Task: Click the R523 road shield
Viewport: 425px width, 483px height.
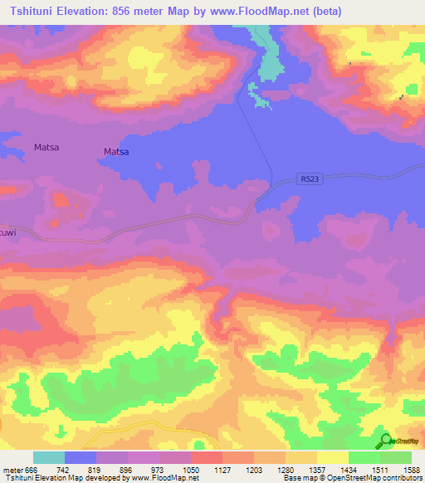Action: (308, 178)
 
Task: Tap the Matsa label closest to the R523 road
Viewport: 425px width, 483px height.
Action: (116, 152)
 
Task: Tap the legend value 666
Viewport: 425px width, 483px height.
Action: (30, 470)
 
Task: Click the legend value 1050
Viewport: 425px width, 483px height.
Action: (192, 470)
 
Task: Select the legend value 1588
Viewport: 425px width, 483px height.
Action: (412, 470)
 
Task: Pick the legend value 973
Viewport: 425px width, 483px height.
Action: (160, 470)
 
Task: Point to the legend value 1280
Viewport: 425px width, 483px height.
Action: (286, 470)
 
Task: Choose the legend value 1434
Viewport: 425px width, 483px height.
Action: (349, 470)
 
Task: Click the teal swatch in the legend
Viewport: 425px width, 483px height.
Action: (49, 457)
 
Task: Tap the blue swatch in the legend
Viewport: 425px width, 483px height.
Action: (81, 457)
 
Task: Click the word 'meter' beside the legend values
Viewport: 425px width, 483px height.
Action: (12, 470)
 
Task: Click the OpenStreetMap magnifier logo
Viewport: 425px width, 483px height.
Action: (384, 441)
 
